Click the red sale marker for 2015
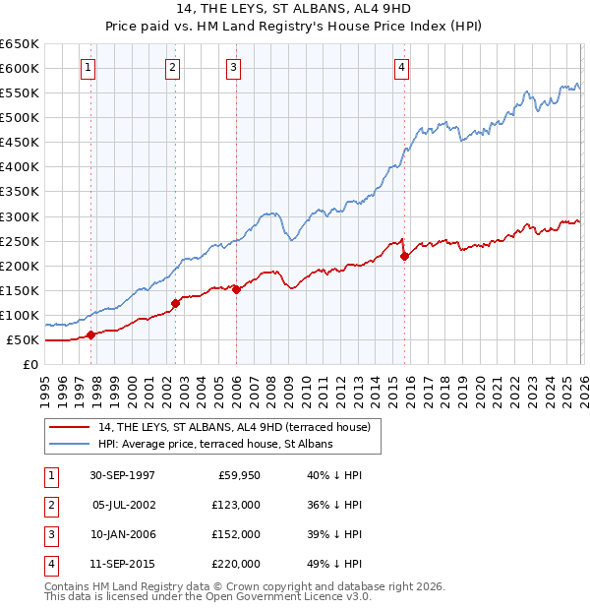coord(405,256)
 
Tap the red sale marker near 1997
coord(91,335)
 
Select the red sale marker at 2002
coord(175,303)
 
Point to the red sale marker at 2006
coord(237,289)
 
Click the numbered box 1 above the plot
coord(88,68)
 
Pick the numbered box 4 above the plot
coord(402,68)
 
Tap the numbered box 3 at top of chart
coord(234,68)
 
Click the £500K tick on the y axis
coord(20,118)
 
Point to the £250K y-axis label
coord(20,241)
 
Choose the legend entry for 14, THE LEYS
coord(233,427)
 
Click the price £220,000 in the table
coord(235,564)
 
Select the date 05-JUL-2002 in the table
coord(123,505)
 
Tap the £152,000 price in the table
coord(235,534)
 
